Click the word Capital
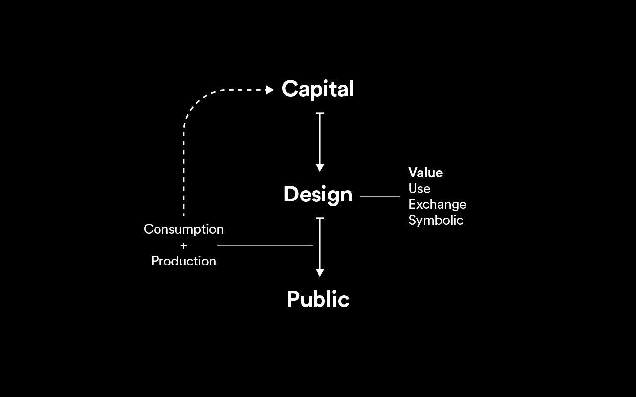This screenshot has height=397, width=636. [x=318, y=89]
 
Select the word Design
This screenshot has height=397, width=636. [x=318, y=195]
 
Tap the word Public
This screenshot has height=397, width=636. [x=318, y=299]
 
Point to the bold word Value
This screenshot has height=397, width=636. [x=426, y=172]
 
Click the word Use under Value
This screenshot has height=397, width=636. [x=419, y=188]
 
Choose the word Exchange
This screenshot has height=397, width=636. [x=437, y=205]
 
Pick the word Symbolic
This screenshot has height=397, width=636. [x=436, y=220]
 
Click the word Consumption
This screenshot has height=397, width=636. [x=183, y=229]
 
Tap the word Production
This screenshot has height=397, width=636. [x=183, y=261]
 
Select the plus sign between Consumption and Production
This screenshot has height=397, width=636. [x=184, y=246]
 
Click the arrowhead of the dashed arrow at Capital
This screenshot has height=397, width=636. [x=270, y=90]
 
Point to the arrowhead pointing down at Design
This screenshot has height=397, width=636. [x=320, y=168]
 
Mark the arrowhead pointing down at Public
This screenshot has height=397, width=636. [x=320, y=273]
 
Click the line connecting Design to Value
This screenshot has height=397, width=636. [x=380, y=196]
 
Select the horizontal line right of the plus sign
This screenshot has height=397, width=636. [x=265, y=246]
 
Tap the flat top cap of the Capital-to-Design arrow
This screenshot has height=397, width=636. [x=320, y=113]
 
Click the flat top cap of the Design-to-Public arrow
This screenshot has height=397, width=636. [x=320, y=218]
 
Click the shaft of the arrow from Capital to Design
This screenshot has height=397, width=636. [x=320, y=139]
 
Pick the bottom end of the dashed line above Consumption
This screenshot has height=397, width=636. [x=184, y=215]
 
